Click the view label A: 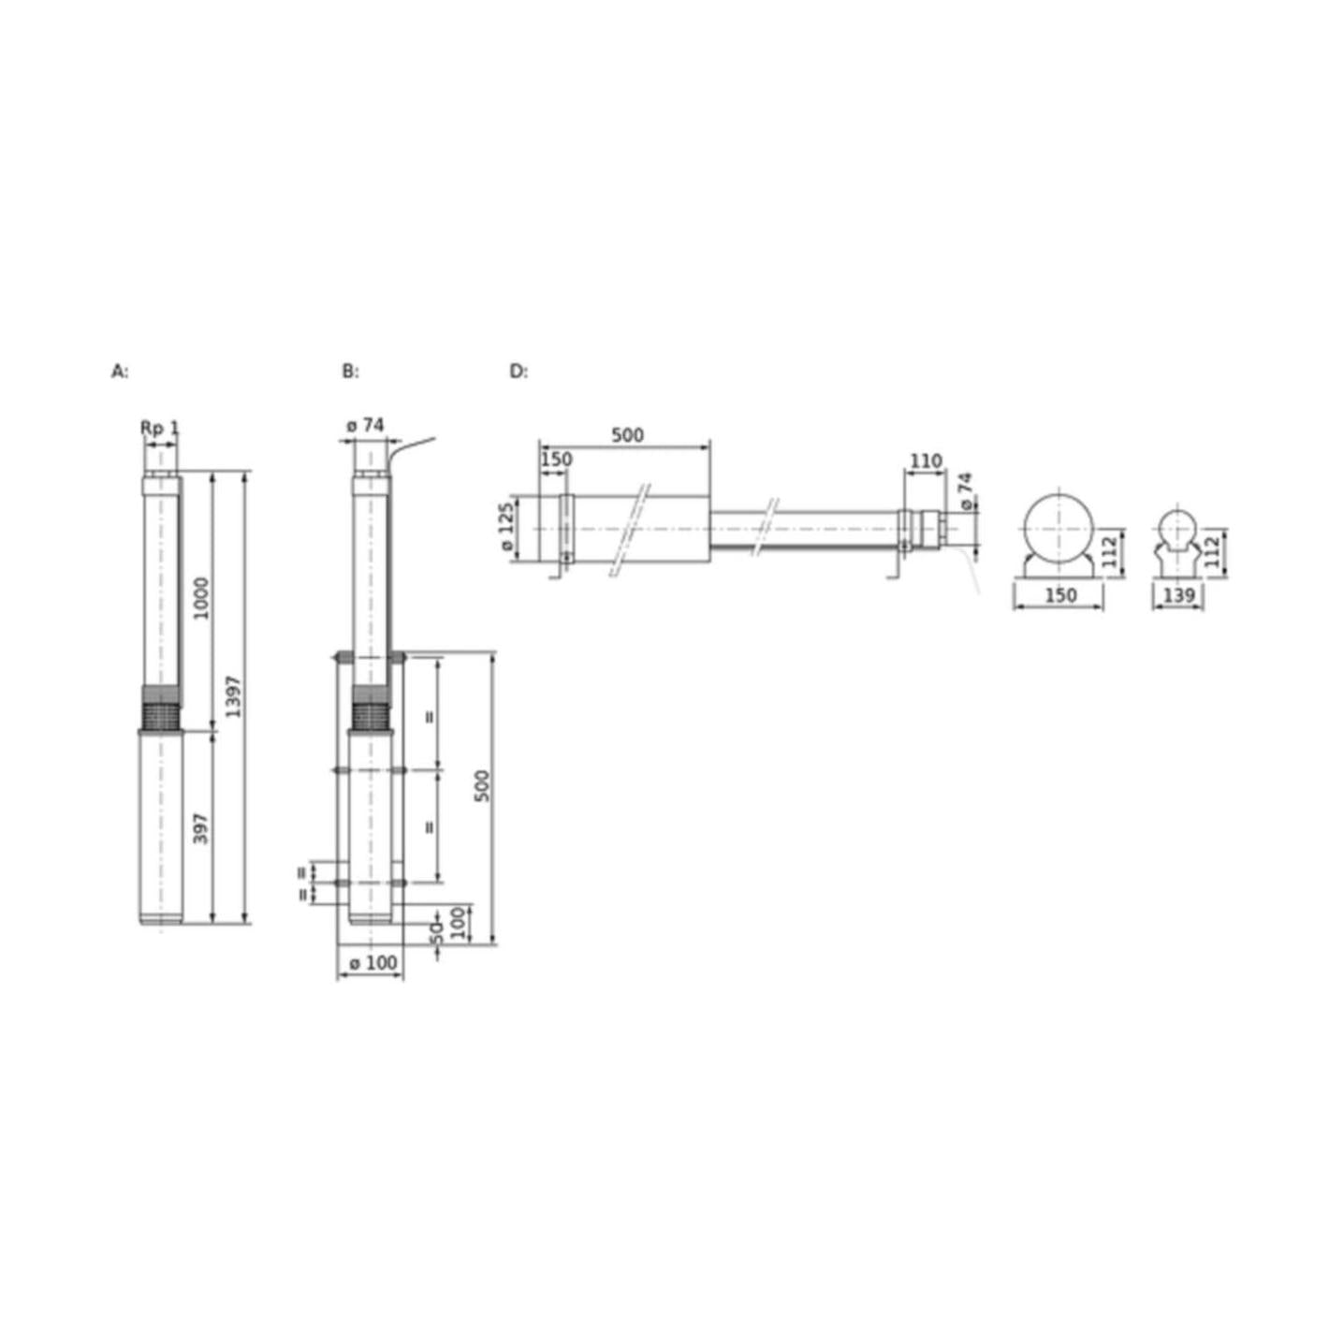(x=120, y=372)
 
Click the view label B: (x=350, y=372)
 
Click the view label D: (x=519, y=372)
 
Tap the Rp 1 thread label (x=160, y=428)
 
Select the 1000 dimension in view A (x=201, y=598)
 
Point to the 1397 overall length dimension (x=233, y=696)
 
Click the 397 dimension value (x=201, y=828)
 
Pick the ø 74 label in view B (x=365, y=426)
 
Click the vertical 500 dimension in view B (x=482, y=786)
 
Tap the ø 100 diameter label (x=373, y=963)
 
